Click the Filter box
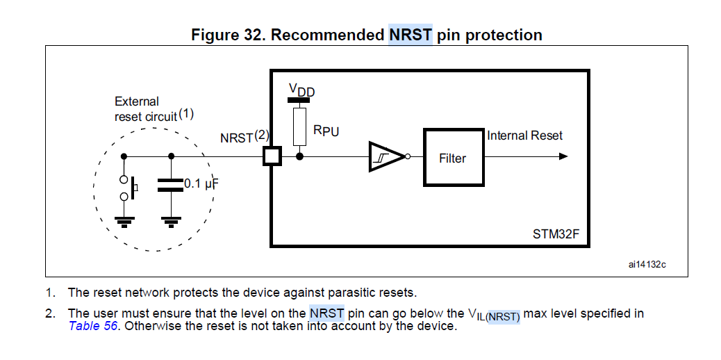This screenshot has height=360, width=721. [x=453, y=158]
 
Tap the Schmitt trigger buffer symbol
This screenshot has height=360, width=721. [x=386, y=156]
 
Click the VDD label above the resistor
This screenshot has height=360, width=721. [x=301, y=90]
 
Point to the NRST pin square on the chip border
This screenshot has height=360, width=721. [x=271, y=156]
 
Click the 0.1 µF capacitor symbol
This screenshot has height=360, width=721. [x=171, y=185]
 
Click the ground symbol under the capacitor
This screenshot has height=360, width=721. [x=171, y=221]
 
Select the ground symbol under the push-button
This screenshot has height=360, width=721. [x=124, y=221]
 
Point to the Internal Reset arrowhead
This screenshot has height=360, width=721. [x=563, y=156]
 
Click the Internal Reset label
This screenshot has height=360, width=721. [x=524, y=136]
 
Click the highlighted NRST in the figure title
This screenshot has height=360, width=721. [x=411, y=35]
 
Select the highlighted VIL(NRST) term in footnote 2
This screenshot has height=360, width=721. [x=495, y=315]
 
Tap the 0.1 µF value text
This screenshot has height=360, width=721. [x=201, y=184]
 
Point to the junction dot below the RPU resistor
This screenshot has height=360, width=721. [x=300, y=156]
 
